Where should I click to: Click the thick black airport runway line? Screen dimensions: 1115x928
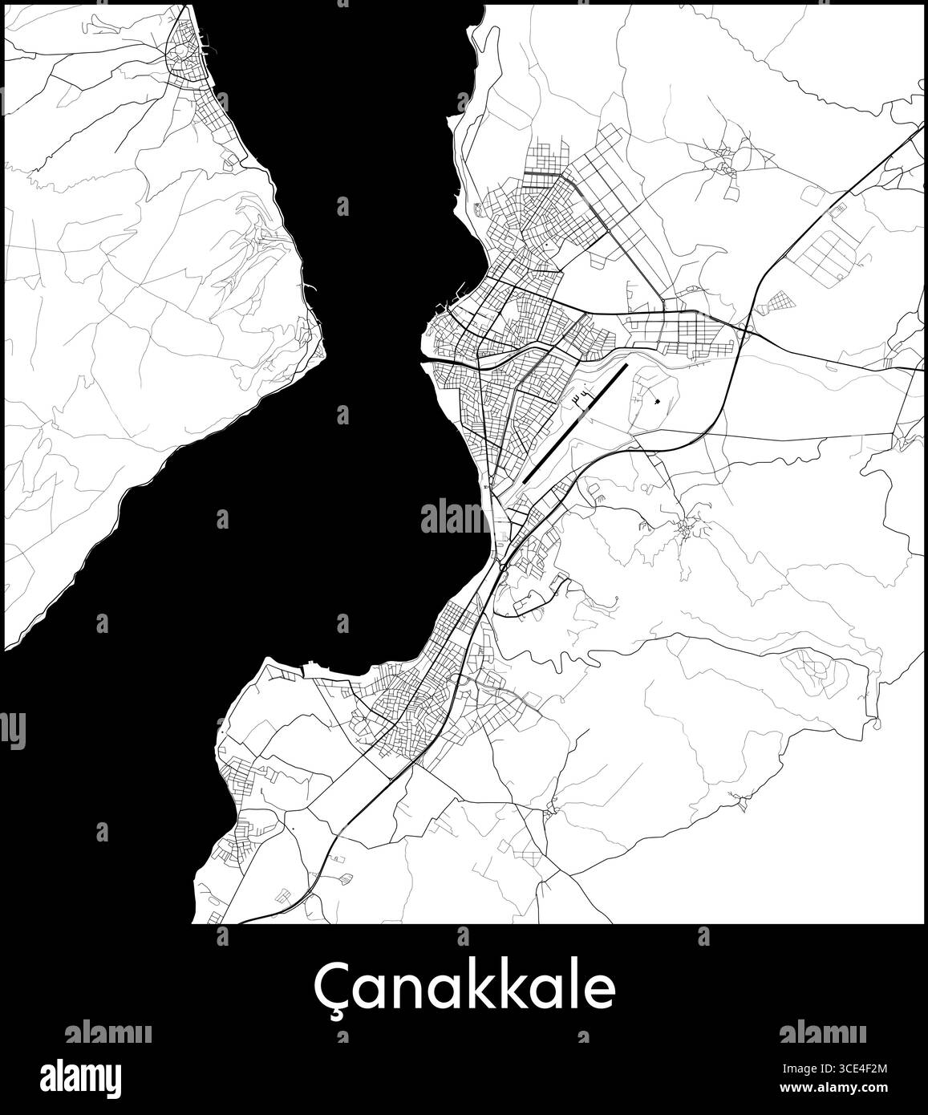(x=574, y=424)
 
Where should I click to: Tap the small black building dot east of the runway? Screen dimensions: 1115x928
(x=657, y=400)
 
